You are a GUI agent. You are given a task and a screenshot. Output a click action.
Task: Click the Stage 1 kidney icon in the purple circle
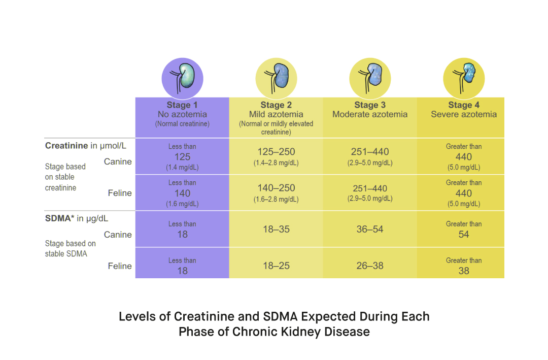(182, 78)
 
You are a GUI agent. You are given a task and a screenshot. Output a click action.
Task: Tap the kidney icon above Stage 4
(464, 78)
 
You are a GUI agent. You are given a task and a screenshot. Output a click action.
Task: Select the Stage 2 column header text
(276, 105)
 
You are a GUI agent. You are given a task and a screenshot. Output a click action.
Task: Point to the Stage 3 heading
(370, 105)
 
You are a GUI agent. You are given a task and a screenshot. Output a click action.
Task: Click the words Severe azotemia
(464, 115)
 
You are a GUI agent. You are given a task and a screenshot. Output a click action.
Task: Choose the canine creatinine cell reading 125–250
(276, 152)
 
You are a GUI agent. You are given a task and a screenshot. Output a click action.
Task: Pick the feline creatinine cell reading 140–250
(276, 188)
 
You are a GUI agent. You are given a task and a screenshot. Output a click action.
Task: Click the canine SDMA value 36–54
(370, 230)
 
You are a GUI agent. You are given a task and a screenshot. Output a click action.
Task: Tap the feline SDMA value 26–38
(370, 266)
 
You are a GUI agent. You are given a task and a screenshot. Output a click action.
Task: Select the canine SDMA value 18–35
(276, 230)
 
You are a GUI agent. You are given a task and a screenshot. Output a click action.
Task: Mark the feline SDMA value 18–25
(276, 266)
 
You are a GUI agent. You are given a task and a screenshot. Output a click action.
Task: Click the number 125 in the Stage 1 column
(182, 157)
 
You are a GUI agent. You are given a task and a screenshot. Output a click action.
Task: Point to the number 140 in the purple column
(182, 193)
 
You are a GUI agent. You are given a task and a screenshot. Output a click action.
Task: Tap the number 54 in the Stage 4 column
(464, 235)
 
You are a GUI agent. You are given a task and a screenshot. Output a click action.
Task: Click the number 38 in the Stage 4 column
(464, 271)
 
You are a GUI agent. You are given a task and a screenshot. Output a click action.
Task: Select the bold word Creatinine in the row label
(66, 146)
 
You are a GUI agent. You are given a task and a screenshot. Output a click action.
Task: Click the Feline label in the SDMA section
(120, 266)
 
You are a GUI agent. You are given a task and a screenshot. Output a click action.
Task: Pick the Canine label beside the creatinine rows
(118, 162)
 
